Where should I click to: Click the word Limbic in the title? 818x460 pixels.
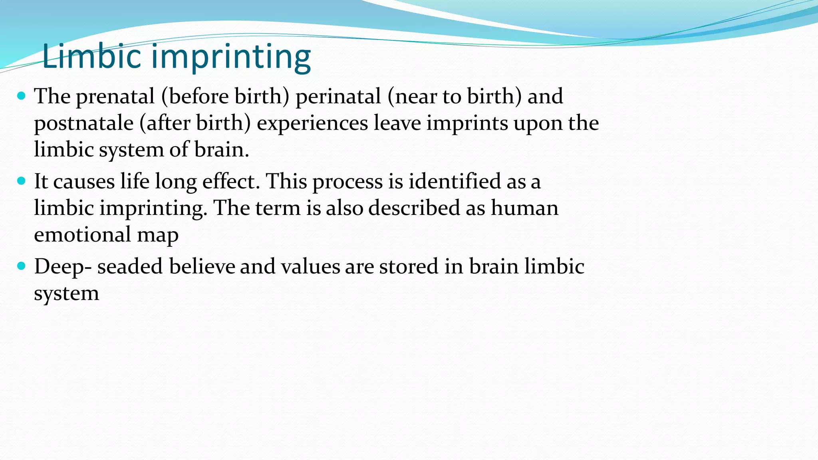coord(91,56)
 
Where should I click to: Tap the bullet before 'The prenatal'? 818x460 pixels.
coord(22,96)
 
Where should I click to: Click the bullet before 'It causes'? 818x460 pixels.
coord(22,181)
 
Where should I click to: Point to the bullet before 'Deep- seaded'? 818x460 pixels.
coord(22,266)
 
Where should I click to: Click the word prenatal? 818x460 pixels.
coord(115,97)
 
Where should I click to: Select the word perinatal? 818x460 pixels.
coord(338,97)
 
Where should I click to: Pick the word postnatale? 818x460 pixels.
coord(83,123)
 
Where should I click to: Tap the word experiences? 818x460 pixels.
coord(312,123)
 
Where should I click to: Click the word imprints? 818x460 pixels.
coord(467,123)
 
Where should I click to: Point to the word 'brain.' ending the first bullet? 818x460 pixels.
coord(221,150)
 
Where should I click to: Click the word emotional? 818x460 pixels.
coord(82,234)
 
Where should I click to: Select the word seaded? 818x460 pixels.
coord(130,266)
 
